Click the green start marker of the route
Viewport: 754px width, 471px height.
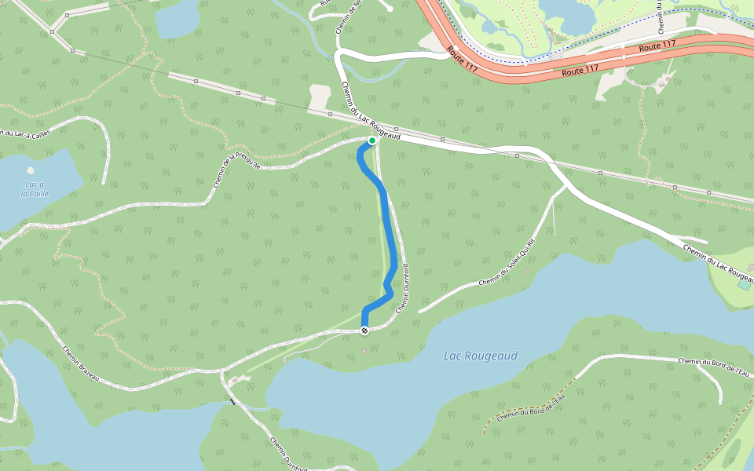[372, 141]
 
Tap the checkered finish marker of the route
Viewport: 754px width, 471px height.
[364, 330]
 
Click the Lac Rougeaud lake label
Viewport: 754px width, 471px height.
[481, 356]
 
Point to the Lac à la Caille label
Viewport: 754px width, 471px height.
[35, 188]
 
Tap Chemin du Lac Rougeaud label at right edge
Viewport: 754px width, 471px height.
[719, 264]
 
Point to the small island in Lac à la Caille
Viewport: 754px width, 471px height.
[31, 170]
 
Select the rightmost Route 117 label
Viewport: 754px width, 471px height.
[657, 47]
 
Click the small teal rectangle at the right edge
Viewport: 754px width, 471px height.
[743, 285]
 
